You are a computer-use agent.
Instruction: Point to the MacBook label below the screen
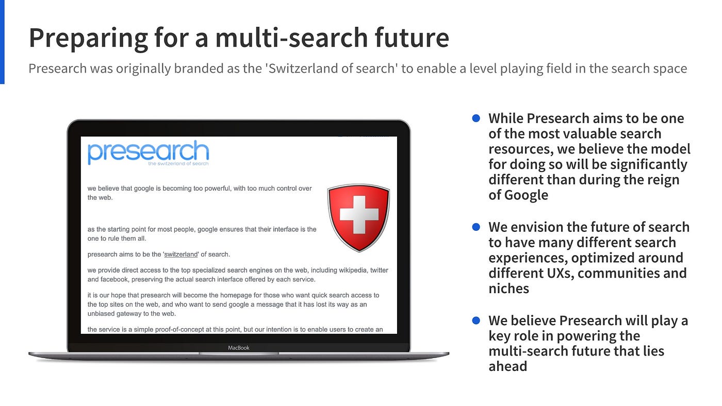pos(239,348)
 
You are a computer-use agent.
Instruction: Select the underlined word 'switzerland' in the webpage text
pos(181,254)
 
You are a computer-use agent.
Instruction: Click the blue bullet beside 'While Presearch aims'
pos(476,119)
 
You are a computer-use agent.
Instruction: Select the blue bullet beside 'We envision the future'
pos(476,227)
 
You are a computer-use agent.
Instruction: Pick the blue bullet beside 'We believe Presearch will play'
pos(476,320)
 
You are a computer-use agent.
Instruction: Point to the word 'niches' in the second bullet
pos(508,289)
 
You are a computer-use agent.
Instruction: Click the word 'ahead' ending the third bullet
pos(507,366)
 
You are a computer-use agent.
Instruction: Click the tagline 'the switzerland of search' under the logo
pos(178,164)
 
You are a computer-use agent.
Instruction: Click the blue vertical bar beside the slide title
pos(2,41)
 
